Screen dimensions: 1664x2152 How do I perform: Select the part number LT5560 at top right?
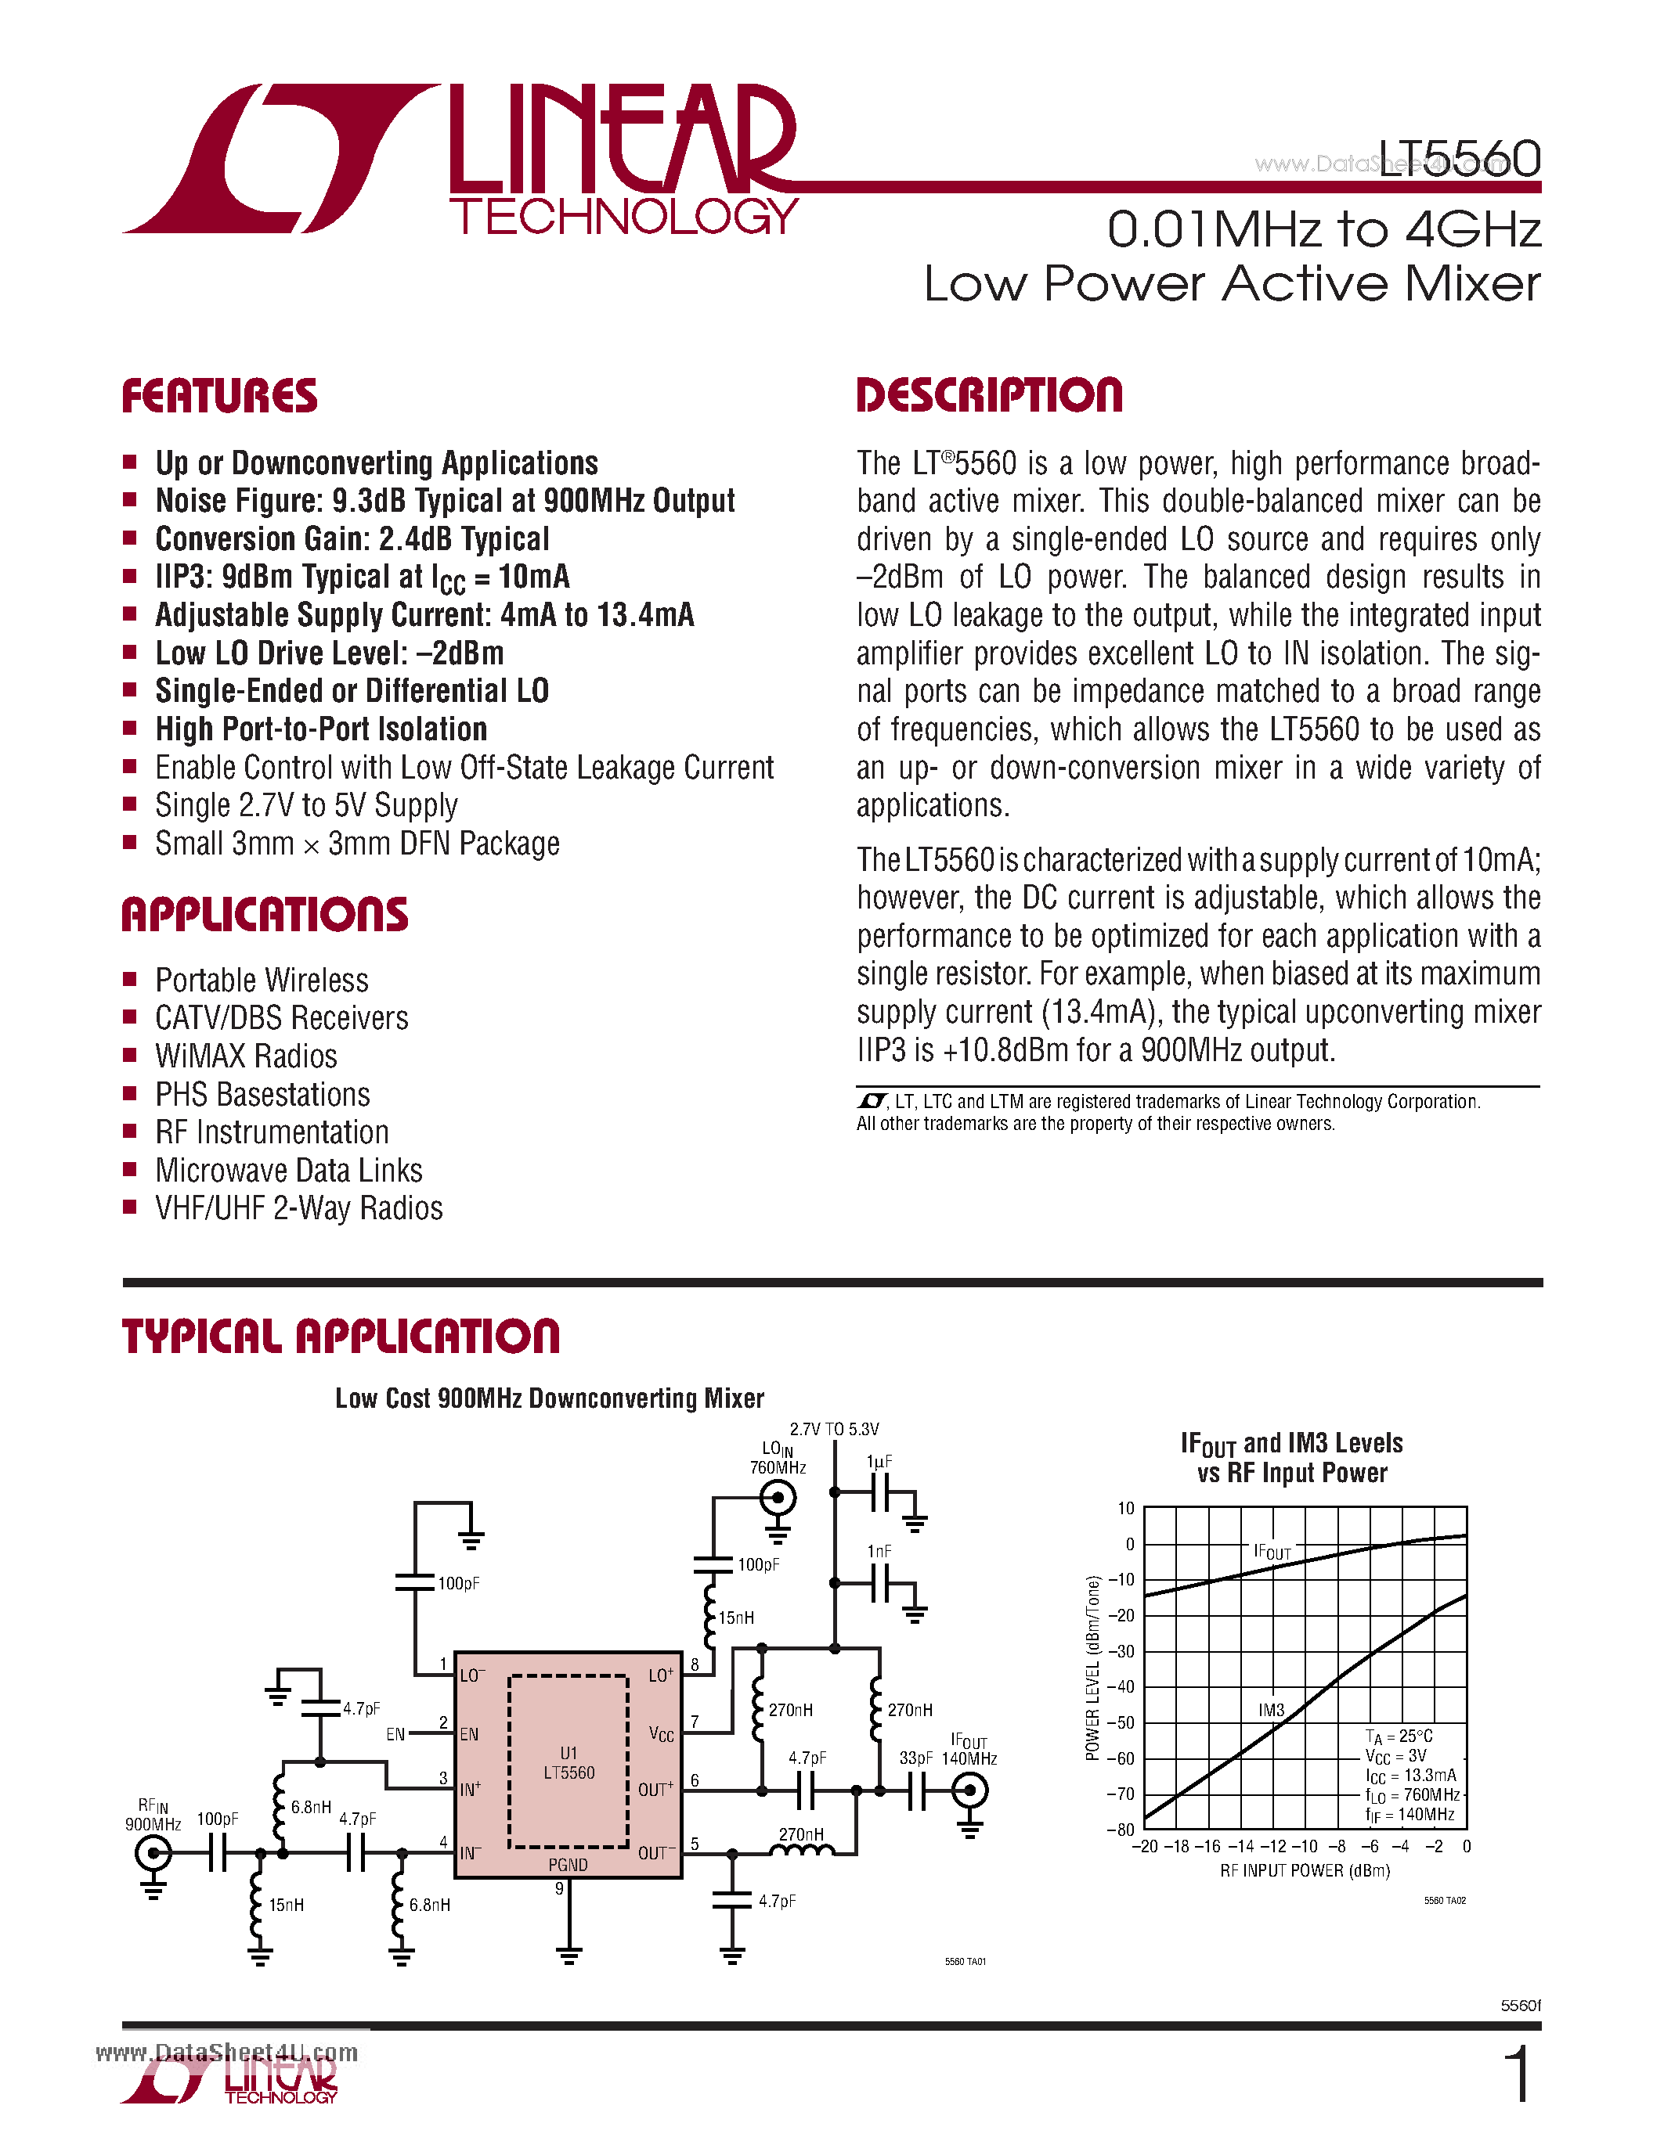click(1459, 159)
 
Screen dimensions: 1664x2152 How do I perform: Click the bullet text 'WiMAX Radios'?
click(247, 1056)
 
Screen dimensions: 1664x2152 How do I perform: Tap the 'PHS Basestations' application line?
click(262, 1095)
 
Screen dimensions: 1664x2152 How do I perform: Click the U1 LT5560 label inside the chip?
click(569, 1763)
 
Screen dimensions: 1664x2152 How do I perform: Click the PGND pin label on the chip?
click(568, 1864)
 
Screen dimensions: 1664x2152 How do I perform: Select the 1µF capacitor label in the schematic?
click(879, 1463)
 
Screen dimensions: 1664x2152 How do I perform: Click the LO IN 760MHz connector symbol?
click(778, 1499)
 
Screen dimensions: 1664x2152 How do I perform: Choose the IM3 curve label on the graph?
click(1272, 1711)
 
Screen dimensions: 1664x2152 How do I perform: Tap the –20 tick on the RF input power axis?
click(1145, 1847)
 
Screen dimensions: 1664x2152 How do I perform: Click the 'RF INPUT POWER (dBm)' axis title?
click(1305, 1871)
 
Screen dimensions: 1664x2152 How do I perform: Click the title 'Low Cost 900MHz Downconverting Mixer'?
click(549, 1398)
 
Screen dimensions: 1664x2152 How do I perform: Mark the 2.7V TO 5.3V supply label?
click(834, 1429)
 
